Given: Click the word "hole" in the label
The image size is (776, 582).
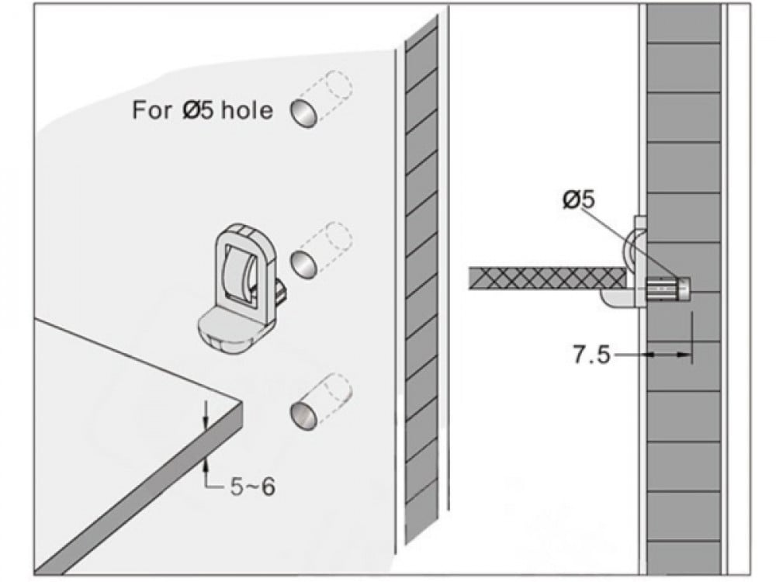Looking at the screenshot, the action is [x=247, y=109].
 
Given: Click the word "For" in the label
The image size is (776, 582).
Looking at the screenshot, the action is [x=152, y=109].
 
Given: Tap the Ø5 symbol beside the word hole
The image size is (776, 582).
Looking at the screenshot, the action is [x=198, y=109].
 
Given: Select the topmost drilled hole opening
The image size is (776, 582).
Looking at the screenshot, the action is [x=303, y=113].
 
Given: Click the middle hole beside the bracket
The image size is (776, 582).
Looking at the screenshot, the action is [x=303, y=265].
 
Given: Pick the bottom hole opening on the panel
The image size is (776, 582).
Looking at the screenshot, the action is [x=303, y=414].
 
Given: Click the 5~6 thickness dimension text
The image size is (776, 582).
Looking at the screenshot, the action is [x=252, y=487].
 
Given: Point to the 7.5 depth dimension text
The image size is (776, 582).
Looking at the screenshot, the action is [x=591, y=355].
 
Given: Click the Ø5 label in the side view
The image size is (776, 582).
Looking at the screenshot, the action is [x=579, y=199].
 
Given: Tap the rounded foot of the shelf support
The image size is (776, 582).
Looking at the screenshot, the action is [x=226, y=328].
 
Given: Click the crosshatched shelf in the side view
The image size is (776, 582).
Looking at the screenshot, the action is [x=547, y=279].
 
